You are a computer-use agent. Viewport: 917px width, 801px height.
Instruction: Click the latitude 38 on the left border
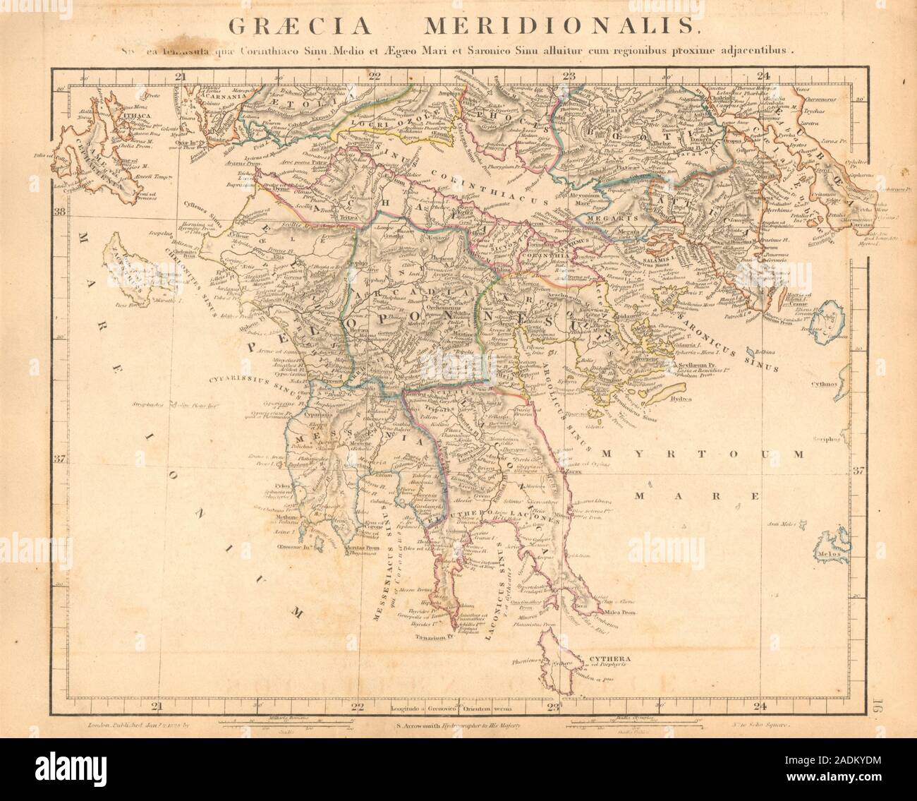click(x=60, y=212)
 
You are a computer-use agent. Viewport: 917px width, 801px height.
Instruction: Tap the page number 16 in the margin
click(x=879, y=706)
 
